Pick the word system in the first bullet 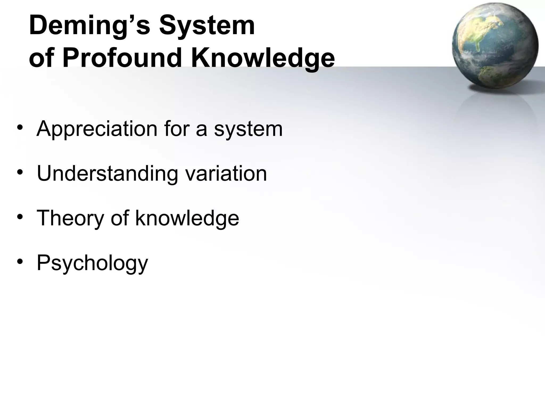[x=248, y=129]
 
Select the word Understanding [x=107, y=174]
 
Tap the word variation [x=226, y=174]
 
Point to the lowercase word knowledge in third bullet [x=187, y=218]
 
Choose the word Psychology [x=92, y=263]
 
